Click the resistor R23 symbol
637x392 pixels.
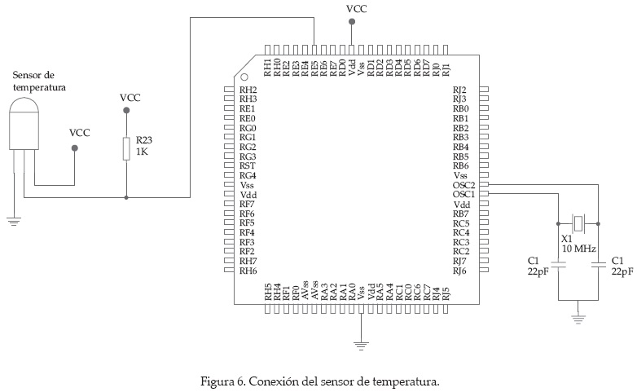point(126,148)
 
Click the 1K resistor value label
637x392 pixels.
point(142,152)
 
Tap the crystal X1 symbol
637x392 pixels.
point(578,222)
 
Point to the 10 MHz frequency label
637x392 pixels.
point(578,248)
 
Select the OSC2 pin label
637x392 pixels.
point(463,185)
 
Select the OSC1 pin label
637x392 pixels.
point(463,195)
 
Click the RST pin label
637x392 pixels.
point(248,166)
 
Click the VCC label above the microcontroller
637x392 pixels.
point(357,9)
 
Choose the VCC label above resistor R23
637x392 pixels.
point(130,98)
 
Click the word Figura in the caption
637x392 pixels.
point(216,381)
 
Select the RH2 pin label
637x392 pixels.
point(248,90)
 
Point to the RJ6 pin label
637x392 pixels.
point(459,271)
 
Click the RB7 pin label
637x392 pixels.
point(461,214)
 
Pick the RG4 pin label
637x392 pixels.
point(248,176)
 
